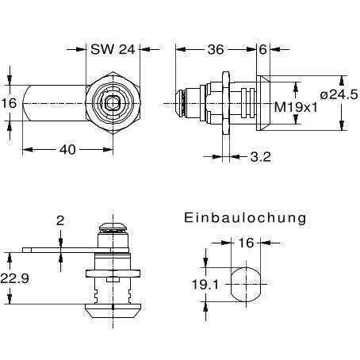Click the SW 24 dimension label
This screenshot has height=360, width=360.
coord(113,49)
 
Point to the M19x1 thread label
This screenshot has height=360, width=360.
coord(295,106)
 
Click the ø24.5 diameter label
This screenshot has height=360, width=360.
coord(338,95)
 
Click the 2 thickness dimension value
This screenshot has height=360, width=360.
coord(59,222)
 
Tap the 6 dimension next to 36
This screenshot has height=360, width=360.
coord(262,49)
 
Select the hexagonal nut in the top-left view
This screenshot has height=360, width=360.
coord(112,104)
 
